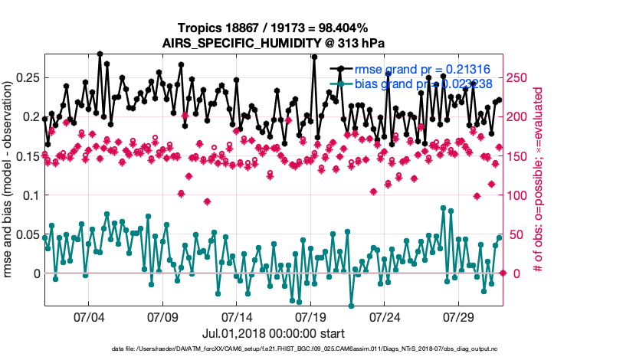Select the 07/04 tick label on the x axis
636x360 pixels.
coord(88,316)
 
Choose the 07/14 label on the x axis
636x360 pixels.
coord(237,316)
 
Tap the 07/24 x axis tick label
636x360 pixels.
coord(385,316)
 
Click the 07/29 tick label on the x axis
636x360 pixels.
coord(460,316)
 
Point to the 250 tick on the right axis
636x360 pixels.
coord(520,77)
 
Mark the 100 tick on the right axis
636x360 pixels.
coord(520,195)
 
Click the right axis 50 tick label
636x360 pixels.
coord(516,234)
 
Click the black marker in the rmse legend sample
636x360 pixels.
coord(342,70)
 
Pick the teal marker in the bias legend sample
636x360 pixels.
coord(342,84)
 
